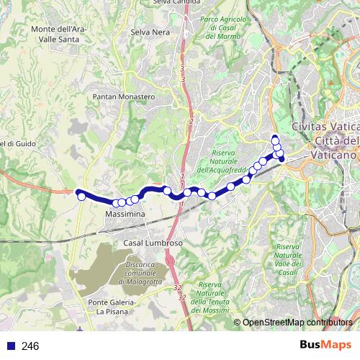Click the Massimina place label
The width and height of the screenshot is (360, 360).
click(x=125, y=215)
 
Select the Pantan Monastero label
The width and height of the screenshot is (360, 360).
click(x=124, y=96)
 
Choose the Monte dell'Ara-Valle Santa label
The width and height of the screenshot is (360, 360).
click(x=60, y=33)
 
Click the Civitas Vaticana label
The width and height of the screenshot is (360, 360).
click(x=324, y=127)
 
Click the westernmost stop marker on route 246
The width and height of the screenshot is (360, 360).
click(x=82, y=196)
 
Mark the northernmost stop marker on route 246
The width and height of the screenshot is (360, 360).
click(x=274, y=139)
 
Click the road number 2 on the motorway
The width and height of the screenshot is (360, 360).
click(x=191, y=122)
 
